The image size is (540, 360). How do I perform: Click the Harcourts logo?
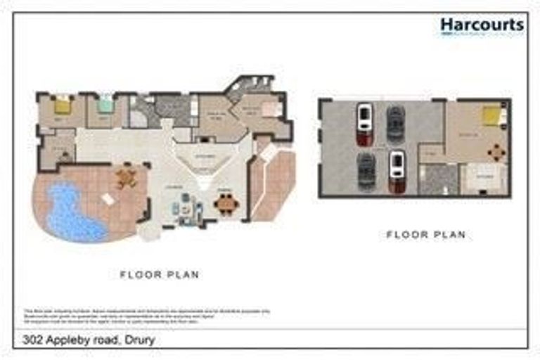click(x=482, y=26)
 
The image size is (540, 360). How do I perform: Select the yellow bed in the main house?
click(x=63, y=105)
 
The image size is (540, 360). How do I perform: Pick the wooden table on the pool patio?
click(x=126, y=177)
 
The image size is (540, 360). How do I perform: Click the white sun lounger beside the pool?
click(x=108, y=200)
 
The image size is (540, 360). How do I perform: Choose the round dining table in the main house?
click(x=226, y=205)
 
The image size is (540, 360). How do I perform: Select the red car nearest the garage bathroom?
click(x=397, y=171)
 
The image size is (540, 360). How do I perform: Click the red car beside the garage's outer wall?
click(x=364, y=124)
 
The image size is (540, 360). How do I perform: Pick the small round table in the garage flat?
click(x=496, y=151)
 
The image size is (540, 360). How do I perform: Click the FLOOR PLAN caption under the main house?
click(x=160, y=275)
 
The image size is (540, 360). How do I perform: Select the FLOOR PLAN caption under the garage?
click(x=426, y=235)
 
